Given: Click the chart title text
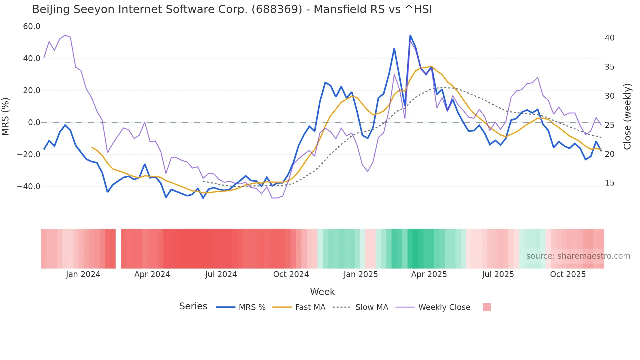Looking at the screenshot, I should click(232, 9).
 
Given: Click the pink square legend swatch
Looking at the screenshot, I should click(487, 307).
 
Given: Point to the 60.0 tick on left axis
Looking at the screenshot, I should click(32, 26).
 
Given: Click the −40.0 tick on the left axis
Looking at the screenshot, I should click(29, 187).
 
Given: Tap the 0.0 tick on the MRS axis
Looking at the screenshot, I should click(34, 123).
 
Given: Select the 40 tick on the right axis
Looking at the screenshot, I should click(609, 38).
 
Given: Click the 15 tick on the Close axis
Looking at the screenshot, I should click(609, 183).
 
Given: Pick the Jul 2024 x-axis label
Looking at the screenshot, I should click(221, 274).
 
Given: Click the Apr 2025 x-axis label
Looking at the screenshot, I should click(429, 274).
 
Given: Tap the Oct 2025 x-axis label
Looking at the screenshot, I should click(568, 274).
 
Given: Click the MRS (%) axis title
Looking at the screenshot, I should click(6, 116).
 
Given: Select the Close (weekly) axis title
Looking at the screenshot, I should click(627, 117).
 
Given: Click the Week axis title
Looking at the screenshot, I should click(322, 292).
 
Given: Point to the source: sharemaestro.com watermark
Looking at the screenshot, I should click(578, 256).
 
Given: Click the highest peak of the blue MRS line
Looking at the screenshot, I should click(410, 36).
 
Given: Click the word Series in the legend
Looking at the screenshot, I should click(193, 306).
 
